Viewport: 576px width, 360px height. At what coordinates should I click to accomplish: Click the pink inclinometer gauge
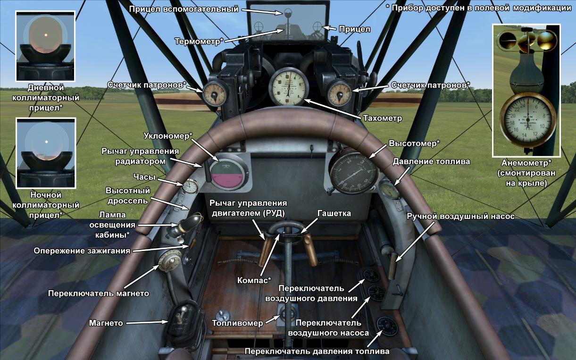(228, 174)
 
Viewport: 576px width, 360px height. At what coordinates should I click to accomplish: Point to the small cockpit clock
(190, 186)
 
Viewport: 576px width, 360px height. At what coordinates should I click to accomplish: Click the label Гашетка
(334, 213)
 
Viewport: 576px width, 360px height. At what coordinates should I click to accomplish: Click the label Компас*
(254, 280)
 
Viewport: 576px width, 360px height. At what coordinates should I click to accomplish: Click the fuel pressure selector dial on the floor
(385, 326)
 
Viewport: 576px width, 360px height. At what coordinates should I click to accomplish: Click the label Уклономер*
(168, 136)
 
